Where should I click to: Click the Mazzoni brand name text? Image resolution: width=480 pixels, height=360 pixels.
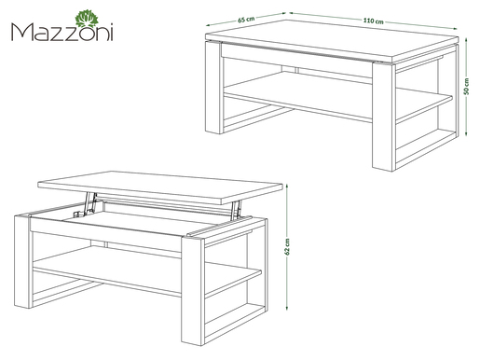[62, 32]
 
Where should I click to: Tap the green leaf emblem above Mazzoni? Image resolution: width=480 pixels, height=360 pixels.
[87, 19]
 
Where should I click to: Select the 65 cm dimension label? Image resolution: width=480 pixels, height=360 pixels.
[246, 20]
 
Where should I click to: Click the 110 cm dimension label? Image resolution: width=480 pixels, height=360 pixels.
[373, 21]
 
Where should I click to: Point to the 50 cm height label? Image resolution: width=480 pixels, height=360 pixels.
[466, 86]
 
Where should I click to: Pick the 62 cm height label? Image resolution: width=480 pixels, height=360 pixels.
[287, 247]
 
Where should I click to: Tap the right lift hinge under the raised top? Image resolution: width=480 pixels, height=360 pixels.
[236, 209]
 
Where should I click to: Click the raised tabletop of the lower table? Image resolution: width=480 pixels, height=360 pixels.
[160, 187]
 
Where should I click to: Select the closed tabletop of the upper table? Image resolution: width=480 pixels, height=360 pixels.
[332, 40]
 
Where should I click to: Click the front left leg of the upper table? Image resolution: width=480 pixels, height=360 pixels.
[214, 88]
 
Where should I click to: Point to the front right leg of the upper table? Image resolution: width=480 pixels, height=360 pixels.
[384, 117]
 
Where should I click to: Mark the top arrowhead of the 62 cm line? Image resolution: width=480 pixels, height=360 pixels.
[287, 186]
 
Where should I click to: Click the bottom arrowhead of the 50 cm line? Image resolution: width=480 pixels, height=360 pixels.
[466, 133]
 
